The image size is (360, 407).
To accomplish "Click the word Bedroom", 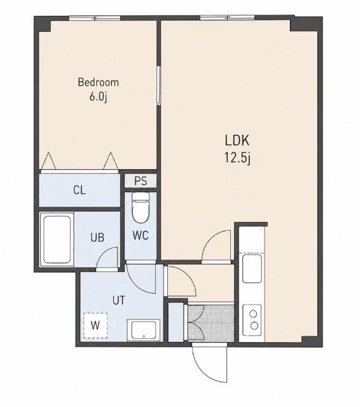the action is [99, 82].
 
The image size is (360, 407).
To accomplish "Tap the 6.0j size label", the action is [99, 97].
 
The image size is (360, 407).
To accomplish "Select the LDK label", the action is [237, 141].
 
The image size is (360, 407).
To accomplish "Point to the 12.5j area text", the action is [237, 158].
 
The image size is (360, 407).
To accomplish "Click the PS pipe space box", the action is [141, 181].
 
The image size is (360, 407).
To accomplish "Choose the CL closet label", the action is [80, 190].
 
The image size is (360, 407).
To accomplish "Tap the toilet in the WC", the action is [141, 208].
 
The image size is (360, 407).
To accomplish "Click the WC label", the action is [141, 235].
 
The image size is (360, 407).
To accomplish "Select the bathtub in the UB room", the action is [57, 240].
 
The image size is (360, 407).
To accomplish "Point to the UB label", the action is [97, 237].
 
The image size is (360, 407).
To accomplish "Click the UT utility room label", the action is [119, 300].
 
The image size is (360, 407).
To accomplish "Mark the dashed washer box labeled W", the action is [95, 326].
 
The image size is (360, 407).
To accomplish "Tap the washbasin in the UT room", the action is [143, 330].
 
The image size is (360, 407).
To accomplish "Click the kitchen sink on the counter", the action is [252, 268].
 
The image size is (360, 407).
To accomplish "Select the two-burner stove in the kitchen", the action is [252, 320].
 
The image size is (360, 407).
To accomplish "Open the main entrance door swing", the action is [210, 362].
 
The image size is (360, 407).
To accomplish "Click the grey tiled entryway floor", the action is [211, 322].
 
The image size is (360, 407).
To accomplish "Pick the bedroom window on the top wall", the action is [95, 18].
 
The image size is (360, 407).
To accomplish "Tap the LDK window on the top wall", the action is [227, 18].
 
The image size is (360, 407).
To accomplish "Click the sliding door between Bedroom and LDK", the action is [158, 86].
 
